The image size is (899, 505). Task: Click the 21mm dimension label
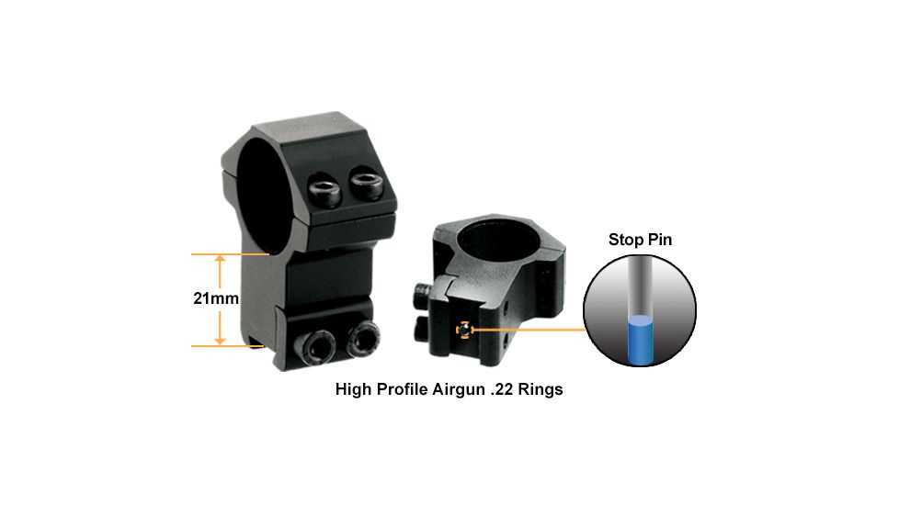[216, 298]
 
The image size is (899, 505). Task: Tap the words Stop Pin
[640, 240]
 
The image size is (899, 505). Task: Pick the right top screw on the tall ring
[368, 183]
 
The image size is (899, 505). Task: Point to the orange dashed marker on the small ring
[463, 330]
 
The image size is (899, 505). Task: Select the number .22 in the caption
[502, 390]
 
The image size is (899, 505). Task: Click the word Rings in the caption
[541, 390]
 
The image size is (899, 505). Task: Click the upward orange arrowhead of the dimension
[220, 260]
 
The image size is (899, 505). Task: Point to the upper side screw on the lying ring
[421, 296]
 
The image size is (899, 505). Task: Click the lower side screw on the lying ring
[421, 330]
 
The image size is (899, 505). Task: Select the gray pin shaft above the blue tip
[639, 286]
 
